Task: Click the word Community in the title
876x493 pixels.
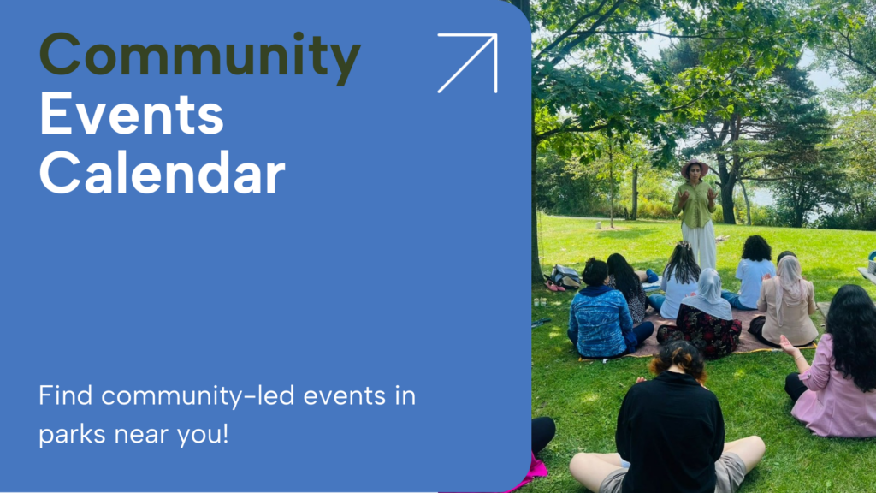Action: (199, 57)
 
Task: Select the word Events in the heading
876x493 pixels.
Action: (131, 116)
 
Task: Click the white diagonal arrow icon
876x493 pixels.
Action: (467, 62)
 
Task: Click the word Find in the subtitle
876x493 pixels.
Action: (66, 396)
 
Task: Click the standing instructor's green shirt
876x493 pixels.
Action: (695, 205)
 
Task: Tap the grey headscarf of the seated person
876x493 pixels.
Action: (707, 294)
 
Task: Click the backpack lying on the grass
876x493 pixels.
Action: (565, 276)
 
